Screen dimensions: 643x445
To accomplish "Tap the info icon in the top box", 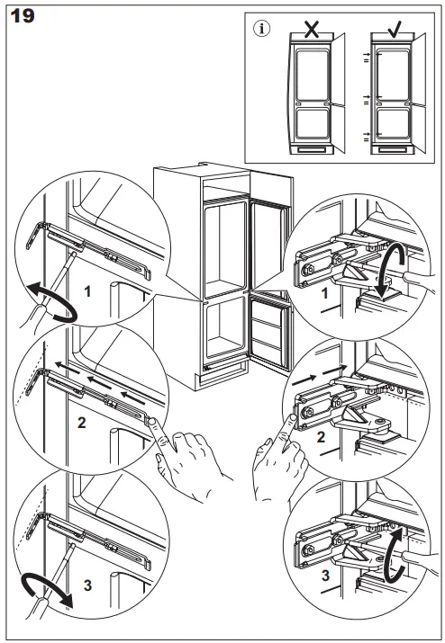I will [262, 29].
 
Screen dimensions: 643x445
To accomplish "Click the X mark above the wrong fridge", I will [313, 28].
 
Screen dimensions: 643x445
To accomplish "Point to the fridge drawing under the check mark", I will [395, 94].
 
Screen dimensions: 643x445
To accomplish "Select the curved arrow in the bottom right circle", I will [392, 549].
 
